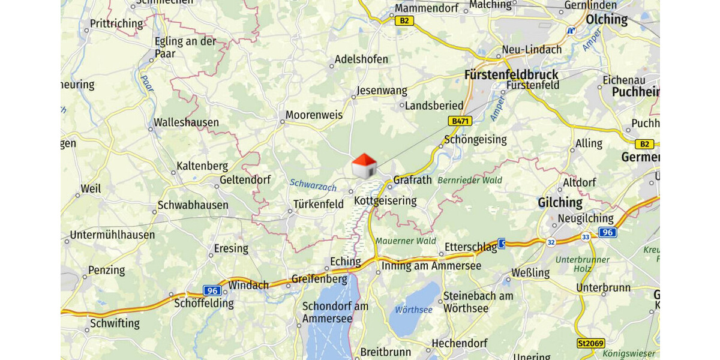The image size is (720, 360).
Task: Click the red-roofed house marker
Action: [364, 166]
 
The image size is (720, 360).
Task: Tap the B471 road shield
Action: [460, 121]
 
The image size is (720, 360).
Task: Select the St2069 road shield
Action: [590, 344]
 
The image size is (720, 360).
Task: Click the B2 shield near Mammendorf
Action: [404, 21]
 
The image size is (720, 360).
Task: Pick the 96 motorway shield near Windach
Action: [212, 290]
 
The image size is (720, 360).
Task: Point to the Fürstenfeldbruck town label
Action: [511, 75]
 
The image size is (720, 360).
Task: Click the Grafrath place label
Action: [412, 179]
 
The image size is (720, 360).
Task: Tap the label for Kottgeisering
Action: [385, 200]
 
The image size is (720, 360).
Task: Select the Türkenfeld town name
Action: [318, 205]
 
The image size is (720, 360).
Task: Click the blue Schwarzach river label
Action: [313, 186]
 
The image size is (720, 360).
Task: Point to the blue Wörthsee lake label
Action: [413, 310]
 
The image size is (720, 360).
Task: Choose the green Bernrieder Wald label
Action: [470, 180]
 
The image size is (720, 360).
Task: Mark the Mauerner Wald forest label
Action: [406, 241]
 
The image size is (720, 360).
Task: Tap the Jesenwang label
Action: [382, 91]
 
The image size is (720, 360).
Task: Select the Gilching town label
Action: [560, 202]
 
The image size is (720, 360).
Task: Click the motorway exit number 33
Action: [586, 237]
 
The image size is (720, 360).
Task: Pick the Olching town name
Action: [607, 19]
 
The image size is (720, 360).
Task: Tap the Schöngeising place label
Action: [475, 140]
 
